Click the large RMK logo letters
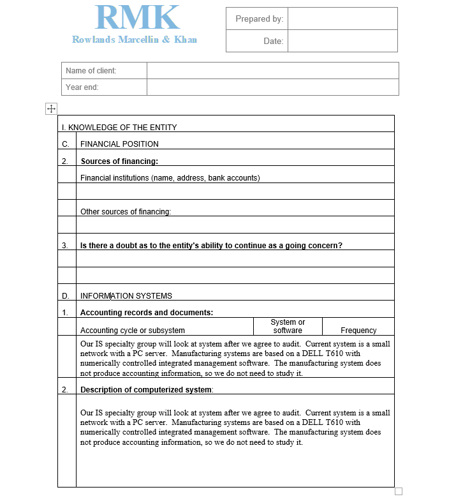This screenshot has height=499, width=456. point(137,18)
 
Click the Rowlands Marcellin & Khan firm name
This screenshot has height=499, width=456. point(135,40)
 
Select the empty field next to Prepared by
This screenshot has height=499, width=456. point(342,19)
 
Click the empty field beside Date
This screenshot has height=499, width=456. point(342,41)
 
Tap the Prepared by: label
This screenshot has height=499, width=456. point(259,19)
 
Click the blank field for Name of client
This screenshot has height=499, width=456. point(272,71)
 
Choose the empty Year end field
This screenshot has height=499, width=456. point(272,87)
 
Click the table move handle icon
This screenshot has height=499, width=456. point(52,108)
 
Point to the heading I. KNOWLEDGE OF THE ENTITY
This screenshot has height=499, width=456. point(119,127)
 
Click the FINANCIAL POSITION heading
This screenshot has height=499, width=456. point(119,144)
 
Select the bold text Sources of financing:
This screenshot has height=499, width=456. point(119,161)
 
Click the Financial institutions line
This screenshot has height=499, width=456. point(170,178)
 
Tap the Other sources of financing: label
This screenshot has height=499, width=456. point(126,212)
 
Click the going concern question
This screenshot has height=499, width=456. point(211,246)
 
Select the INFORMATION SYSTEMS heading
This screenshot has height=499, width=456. point(126,296)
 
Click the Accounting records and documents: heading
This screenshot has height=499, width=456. point(147,313)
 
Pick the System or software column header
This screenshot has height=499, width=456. point(288,326)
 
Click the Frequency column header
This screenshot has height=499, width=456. point(358,331)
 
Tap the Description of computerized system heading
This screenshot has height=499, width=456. point(147,389)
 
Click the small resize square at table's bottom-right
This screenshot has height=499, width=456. point(399,491)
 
